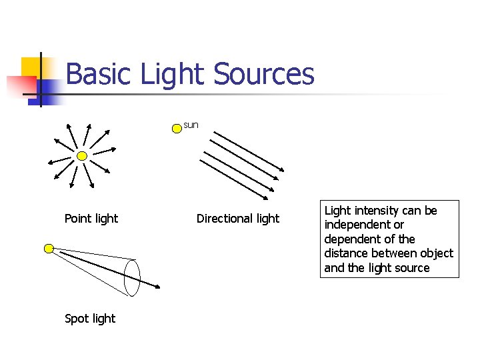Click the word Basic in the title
point(100,74)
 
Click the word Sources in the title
point(263,74)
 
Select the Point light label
point(91,219)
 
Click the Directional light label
point(238,219)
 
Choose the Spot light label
point(90,319)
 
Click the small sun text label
point(191,125)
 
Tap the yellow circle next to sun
point(176,127)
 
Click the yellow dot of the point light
point(81,156)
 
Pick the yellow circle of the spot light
point(49,249)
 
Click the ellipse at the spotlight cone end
point(132,277)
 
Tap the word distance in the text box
point(345,253)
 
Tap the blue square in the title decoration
point(48,91)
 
